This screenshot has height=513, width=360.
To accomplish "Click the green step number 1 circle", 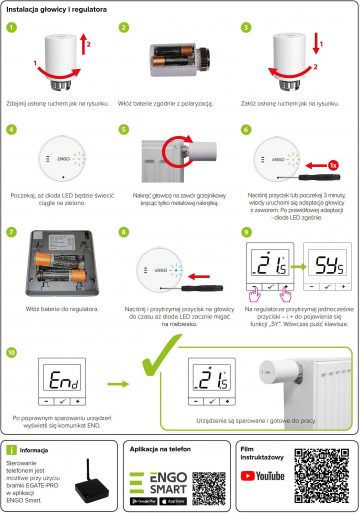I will tap(13, 28).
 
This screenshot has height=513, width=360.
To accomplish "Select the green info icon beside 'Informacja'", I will tap(12, 450).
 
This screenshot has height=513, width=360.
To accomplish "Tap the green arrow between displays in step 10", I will tap(120, 381).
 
